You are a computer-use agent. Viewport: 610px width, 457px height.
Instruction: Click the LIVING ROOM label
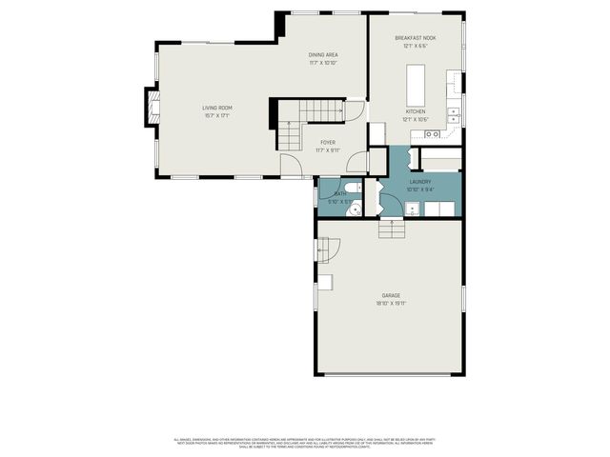coord(216,108)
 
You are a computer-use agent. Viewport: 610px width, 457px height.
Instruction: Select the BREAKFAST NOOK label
coord(415,38)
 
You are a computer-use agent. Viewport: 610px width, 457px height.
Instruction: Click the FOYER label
coord(327,142)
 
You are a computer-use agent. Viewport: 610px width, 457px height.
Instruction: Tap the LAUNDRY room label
coord(420,181)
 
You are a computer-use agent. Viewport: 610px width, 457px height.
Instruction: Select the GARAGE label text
coord(392,295)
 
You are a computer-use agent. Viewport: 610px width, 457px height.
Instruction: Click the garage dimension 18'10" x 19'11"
coord(392,303)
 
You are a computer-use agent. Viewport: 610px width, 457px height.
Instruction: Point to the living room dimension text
coord(216,115)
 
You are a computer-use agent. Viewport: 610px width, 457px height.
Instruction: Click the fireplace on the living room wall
coord(151,107)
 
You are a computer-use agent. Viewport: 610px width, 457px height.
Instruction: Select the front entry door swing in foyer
coord(293,169)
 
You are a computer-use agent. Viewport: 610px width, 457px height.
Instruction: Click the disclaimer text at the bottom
coord(305,443)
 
